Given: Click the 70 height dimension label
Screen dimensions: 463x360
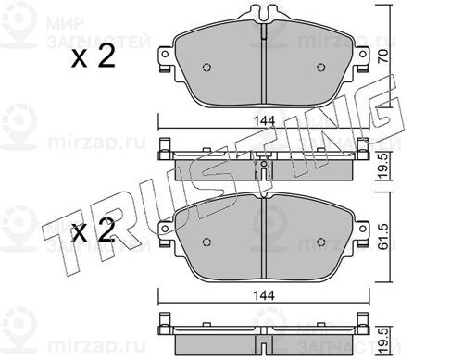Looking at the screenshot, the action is (x=383, y=56).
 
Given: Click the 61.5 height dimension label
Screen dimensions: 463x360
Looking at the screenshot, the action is (x=383, y=237).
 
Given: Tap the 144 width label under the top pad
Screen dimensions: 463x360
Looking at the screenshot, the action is (x=264, y=120).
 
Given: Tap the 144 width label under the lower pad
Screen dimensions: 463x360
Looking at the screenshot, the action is (x=264, y=295).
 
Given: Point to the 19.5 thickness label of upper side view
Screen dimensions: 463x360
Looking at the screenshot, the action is (x=383, y=166).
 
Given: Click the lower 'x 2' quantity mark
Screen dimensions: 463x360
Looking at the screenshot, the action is (x=93, y=230).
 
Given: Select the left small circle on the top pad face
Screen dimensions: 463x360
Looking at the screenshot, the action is (x=206, y=68).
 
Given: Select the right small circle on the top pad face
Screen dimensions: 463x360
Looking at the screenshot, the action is (x=321, y=68).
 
